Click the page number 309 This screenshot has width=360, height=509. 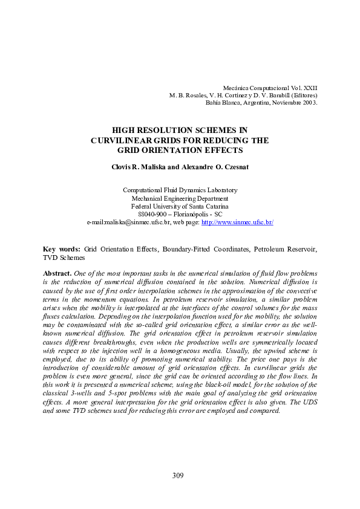(177, 476)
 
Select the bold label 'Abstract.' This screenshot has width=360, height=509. (57, 273)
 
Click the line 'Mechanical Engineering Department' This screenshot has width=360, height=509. (180, 198)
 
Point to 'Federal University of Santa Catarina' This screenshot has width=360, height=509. (180, 206)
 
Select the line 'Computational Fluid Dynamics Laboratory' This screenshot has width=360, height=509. (180, 190)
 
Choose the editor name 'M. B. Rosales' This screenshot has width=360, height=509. (187, 96)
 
